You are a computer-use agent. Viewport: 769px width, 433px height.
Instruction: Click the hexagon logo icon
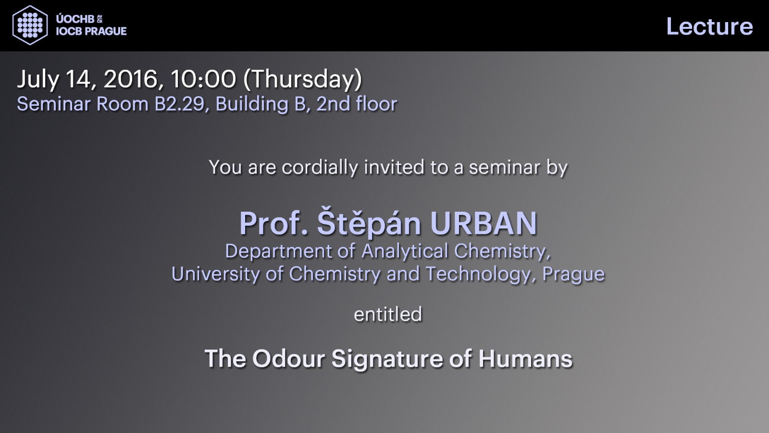coord(30,25)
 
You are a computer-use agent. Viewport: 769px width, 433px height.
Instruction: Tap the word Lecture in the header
coord(709,26)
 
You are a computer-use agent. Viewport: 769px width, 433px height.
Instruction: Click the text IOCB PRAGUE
coord(91,31)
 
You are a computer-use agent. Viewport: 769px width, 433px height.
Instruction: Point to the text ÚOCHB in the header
coord(75,19)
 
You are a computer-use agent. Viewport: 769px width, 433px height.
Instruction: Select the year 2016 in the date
coord(130,79)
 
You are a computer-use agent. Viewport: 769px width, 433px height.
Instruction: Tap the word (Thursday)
coord(302,79)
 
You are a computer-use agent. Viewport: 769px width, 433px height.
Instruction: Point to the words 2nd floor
coord(357,104)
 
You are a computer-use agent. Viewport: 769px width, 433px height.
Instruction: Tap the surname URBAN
coord(484,223)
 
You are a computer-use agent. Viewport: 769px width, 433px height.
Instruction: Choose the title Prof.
coord(273,223)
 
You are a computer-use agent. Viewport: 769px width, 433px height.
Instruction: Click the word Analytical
coord(405,251)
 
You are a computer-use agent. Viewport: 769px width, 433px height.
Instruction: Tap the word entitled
coord(388,314)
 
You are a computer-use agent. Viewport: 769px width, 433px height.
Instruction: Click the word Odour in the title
coord(289,358)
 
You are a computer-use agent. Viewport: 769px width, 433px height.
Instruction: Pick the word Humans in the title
coord(526,358)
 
